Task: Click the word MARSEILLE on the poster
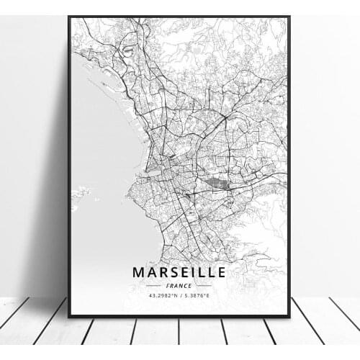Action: coord(179,272)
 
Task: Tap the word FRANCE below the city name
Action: coord(179,285)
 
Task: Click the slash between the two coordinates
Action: coord(179,296)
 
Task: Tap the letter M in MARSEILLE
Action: coord(138,272)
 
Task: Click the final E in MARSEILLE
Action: coord(221,272)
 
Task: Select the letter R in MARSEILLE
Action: coord(162,272)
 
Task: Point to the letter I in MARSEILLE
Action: coord(194,272)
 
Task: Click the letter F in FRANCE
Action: coord(167,285)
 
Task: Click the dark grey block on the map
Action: coord(217,185)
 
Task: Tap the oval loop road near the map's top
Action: coord(127,50)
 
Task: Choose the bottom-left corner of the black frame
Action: coord(69,316)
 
